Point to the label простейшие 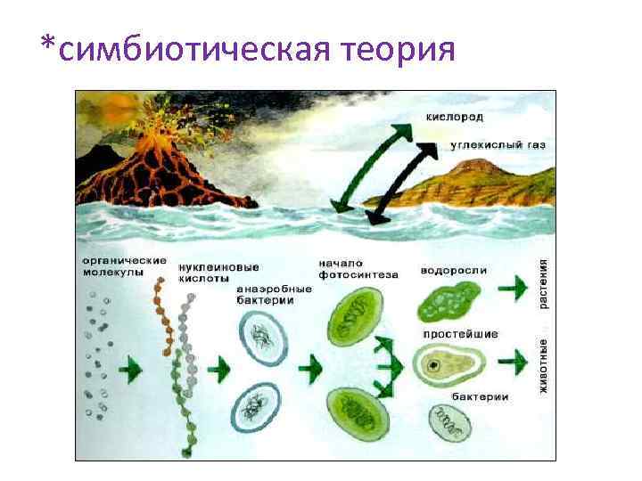coord(460,334)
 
